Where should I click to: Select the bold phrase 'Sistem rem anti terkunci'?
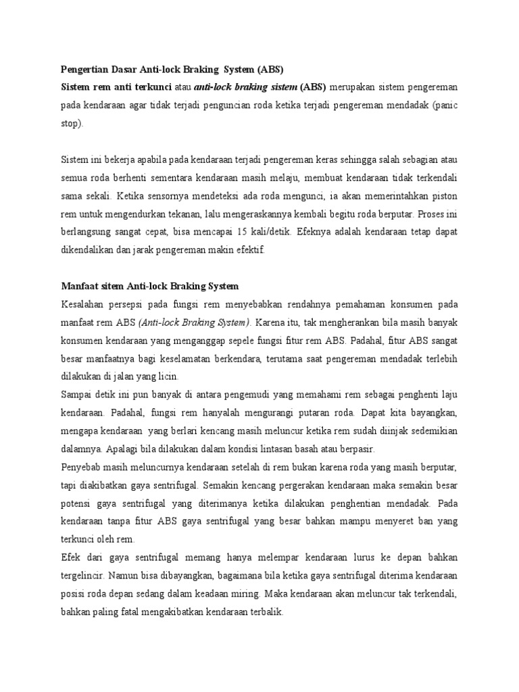(114, 87)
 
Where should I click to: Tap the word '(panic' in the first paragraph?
(442, 106)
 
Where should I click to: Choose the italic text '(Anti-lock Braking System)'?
(194, 322)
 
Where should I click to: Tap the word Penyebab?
(84, 466)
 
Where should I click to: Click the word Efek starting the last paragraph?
(72, 557)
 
